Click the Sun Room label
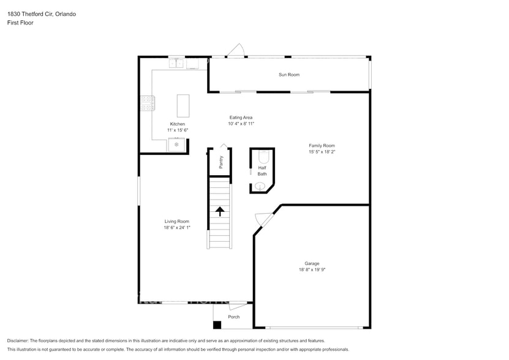(289, 75)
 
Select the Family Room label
(322, 146)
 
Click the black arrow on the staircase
(219, 211)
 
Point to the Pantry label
(221, 162)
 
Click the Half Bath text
(262, 171)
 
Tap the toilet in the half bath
(262, 156)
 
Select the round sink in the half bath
(260, 187)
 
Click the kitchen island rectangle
(183, 105)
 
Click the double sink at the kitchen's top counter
(178, 62)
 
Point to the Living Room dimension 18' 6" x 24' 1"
(177, 228)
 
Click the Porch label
(233, 317)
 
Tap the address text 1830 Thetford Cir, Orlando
(42, 13)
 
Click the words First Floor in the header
(20, 23)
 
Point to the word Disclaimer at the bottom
(18, 340)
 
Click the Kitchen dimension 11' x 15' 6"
(177, 130)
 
